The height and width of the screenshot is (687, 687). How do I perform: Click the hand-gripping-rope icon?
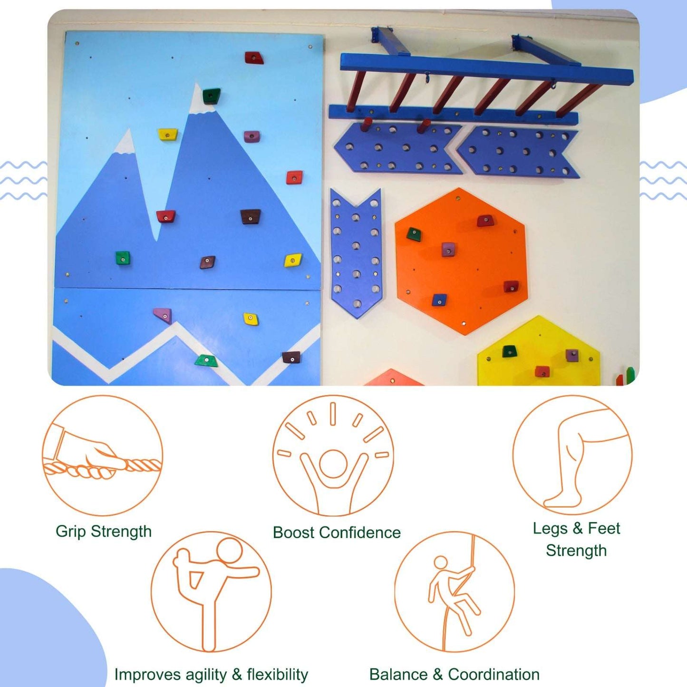coord(102,455)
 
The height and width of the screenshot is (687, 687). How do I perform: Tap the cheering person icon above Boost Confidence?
coord(333,455)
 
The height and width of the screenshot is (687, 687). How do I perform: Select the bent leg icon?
coord(572,455)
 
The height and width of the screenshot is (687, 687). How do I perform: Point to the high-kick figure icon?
coord(212,591)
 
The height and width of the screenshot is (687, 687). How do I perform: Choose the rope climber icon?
coord(454,591)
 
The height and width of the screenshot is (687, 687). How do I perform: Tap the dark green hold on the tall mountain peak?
coord(211,96)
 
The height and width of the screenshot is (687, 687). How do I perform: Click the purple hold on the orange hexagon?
coord(448,249)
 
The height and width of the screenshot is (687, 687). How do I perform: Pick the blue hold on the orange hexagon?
coord(439,300)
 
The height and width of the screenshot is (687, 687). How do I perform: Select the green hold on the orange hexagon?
coord(414,234)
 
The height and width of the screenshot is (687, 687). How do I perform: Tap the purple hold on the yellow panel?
coord(572,355)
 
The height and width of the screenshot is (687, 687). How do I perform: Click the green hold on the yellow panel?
coord(509,351)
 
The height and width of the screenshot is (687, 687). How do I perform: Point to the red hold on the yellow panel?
coord(542,371)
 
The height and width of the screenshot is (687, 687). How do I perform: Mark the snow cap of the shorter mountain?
coord(126,144)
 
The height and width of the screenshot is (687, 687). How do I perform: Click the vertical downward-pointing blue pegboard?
coord(356,252)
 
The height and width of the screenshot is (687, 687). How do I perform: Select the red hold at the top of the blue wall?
coord(254,58)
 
